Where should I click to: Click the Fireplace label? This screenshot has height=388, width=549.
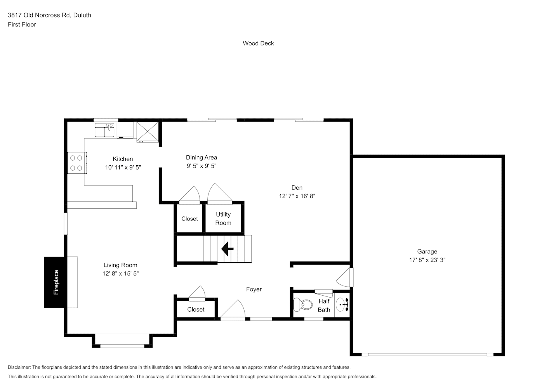[x=56, y=282]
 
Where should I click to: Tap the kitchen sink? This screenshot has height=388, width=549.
[x=105, y=130]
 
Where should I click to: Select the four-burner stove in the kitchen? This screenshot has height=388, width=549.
[x=77, y=163]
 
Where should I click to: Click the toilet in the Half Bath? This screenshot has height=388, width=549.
[x=303, y=305]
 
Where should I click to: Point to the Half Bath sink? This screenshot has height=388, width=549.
[x=342, y=305]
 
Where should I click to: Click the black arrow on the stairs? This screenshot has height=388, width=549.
[x=227, y=249]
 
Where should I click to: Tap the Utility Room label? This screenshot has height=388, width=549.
[x=223, y=219]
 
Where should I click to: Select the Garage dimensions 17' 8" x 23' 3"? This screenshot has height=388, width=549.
[x=427, y=260]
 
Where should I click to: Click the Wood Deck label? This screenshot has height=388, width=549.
[x=258, y=43]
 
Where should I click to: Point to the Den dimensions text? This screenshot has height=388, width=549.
[x=297, y=196]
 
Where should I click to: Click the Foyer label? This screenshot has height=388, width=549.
[x=254, y=289]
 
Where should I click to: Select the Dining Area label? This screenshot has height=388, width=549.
[x=202, y=158]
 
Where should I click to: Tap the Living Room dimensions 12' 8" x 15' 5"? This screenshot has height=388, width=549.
[x=121, y=274]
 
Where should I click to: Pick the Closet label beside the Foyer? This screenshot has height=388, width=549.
[x=196, y=310]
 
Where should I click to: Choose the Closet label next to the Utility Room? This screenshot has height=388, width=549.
[x=190, y=219]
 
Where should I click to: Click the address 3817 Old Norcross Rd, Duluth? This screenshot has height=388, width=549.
[x=50, y=15]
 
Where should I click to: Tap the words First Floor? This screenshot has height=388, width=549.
[x=22, y=24]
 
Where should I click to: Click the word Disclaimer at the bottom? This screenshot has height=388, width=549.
[x=19, y=367]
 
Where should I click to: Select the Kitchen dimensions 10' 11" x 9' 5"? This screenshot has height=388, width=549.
[x=123, y=167]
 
